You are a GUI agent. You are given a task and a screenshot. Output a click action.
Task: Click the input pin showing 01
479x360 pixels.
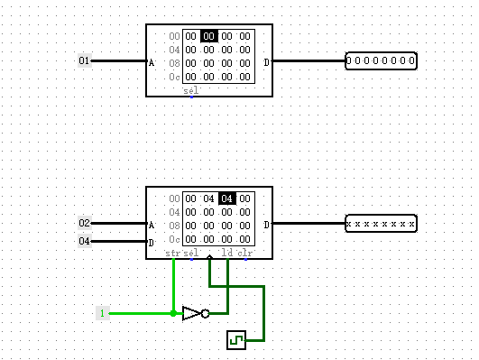[85, 61]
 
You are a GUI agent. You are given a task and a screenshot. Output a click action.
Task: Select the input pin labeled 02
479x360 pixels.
[85, 223]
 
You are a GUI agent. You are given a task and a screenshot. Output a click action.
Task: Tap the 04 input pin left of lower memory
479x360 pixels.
[85, 241]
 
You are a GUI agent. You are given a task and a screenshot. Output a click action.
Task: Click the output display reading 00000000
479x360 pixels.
[381, 61]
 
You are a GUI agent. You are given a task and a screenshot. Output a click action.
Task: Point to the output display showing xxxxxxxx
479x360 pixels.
[381, 223]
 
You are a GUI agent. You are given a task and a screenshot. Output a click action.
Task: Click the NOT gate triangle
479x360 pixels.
[192, 313]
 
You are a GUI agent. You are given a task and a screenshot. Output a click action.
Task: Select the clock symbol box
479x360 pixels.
[235, 340]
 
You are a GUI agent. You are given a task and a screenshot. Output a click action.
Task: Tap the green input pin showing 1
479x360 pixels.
[103, 313]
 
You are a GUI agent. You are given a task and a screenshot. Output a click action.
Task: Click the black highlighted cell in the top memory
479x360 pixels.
[209, 36]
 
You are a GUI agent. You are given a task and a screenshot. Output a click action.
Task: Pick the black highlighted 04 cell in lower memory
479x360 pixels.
[227, 198]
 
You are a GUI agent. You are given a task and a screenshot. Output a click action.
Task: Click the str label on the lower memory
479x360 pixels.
[173, 254]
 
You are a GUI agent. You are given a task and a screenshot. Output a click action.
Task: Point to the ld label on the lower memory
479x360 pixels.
[227, 254]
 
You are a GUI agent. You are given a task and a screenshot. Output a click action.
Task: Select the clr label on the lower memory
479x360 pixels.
[244, 254]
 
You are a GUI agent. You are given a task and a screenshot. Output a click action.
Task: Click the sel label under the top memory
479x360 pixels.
[190, 91]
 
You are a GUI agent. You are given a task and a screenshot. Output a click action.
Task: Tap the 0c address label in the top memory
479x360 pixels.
[174, 77]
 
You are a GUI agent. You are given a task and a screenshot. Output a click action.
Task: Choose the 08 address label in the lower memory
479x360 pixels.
[174, 226]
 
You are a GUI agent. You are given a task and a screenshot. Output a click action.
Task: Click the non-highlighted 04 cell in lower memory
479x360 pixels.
[209, 198]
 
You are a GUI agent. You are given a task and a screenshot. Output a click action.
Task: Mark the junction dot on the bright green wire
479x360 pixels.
[173, 313]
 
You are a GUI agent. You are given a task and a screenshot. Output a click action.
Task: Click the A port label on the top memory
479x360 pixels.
[152, 62]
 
